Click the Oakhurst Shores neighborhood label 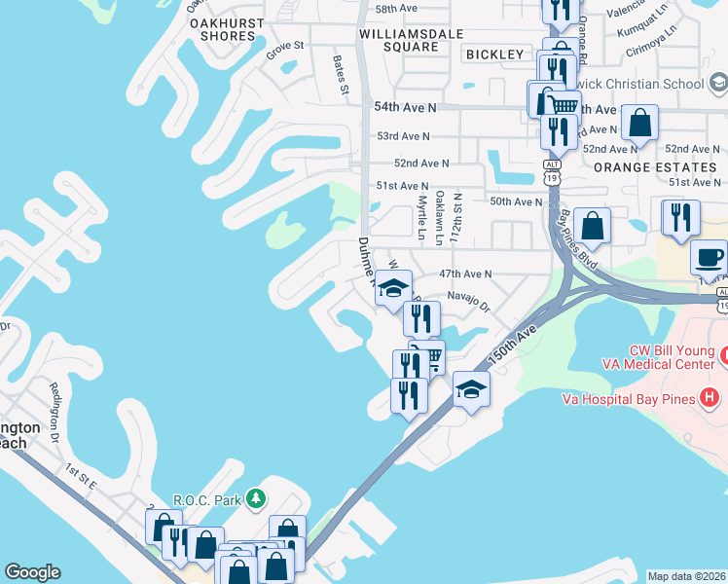(x=214, y=28)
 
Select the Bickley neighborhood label (x=494, y=55)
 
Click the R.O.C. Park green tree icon (x=255, y=499)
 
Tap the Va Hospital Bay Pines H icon (x=710, y=398)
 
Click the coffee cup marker (x=708, y=258)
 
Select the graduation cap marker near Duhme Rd (x=393, y=288)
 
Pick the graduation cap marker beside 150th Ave (x=470, y=389)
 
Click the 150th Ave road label (x=514, y=346)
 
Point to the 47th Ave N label (x=466, y=274)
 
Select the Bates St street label (x=340, y=74)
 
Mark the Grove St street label (x=286, y=46)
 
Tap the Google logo (x=32, y=572)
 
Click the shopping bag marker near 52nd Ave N (x=639, y=124)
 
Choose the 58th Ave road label (x=396, y=8)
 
